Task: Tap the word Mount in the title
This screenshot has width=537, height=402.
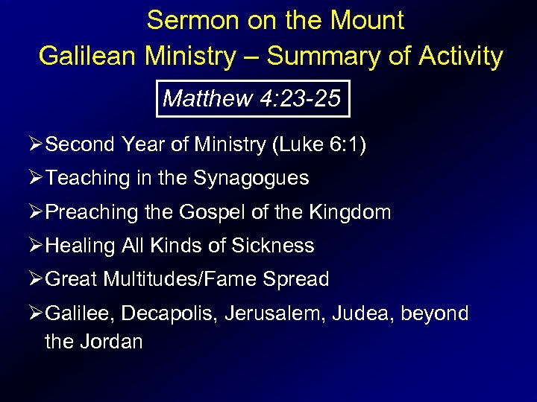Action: click(366, 20)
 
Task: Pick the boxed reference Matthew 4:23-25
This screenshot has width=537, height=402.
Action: click(253, 98)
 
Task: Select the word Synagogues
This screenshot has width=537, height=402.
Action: click(251, 179)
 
